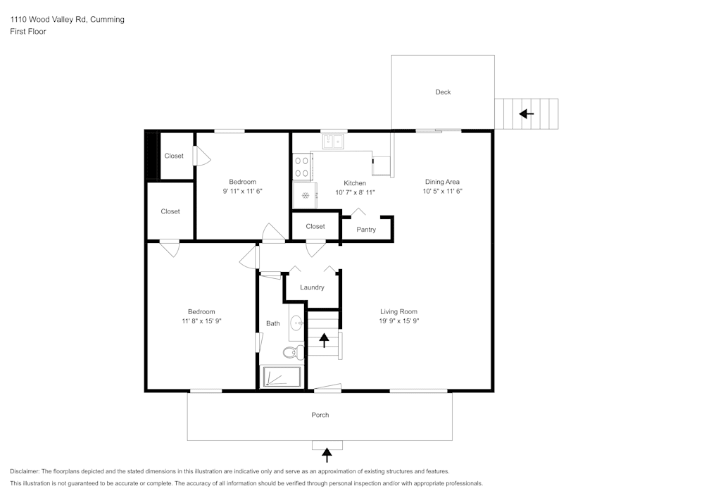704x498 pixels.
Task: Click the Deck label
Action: [x=443, y=92]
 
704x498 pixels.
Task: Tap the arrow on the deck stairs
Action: [x=526, y=113]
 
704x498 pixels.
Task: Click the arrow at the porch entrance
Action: [x=327, y=454]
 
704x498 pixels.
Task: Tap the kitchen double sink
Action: [x=332, y=142]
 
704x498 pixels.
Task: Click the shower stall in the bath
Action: [x=282, y=377]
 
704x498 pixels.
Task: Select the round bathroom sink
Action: [x=297, y=324]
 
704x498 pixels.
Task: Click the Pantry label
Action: [x=366, y=230]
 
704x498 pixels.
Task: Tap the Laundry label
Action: [x=312, y=287]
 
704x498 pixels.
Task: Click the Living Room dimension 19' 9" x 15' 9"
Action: [x=399, y=320]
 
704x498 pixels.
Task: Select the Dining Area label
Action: [x=442, y=182]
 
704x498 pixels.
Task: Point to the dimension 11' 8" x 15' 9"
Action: [x=201, y=320]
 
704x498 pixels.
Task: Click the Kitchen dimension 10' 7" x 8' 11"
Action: [x=355, y=192]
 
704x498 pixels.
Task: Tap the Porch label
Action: [x=320, y=415]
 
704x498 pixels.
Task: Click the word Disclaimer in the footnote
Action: [x=25, y=471]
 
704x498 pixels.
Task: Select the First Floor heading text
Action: [x=28, y=32]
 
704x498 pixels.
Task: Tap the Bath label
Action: [x=273, y=324]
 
